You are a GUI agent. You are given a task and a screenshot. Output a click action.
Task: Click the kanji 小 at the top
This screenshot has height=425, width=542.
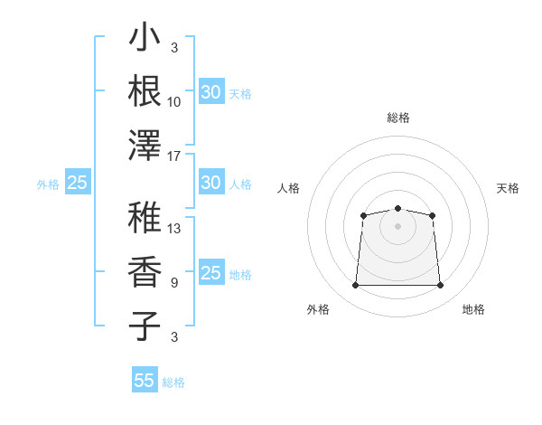tap(145, 36)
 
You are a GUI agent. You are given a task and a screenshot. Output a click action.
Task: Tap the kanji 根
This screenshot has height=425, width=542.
tap(145, 90)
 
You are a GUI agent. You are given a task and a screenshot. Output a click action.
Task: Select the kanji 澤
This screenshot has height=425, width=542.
tap(145, 146)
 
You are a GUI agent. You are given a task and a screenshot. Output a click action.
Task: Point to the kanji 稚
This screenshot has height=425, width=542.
tap(145, 217)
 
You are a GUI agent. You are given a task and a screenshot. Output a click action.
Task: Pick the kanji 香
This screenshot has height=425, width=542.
tap(145, 271)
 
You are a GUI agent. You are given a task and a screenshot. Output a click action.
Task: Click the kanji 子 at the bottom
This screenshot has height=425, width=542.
tap(145, 326)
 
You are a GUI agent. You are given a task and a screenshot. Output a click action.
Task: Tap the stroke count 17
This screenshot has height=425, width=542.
tap(173, 156)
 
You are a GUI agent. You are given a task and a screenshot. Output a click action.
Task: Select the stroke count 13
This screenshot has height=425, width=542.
tap(173, 229)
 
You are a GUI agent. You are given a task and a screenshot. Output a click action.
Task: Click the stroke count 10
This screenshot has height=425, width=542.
tap(173, 102)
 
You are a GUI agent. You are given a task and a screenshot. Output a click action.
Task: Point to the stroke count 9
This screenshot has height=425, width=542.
tap(174, 283)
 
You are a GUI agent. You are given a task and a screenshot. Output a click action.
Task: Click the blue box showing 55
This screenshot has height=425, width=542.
tap(145, 379)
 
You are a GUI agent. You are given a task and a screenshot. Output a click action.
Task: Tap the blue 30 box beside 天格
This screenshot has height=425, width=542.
tap(211, 91)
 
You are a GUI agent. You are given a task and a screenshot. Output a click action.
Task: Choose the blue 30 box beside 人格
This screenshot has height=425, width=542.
tap(211, 182)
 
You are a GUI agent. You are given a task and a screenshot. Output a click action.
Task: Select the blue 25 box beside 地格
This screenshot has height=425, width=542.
tap(211, 271)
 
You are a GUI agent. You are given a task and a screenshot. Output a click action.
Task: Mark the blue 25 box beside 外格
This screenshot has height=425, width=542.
tap(78, 182)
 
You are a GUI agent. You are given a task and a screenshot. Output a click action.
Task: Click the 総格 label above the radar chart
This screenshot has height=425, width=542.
tap(398, 118)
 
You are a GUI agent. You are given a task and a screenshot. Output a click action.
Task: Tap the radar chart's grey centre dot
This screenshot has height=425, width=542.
tap(397, 226)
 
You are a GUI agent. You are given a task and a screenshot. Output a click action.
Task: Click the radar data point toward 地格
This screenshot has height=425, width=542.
tap(440, 285)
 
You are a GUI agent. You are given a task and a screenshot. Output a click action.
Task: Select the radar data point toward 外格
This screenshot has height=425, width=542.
tap(355, 285)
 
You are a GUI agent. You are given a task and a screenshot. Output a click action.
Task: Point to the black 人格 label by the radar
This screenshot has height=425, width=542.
tap(288, 188)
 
